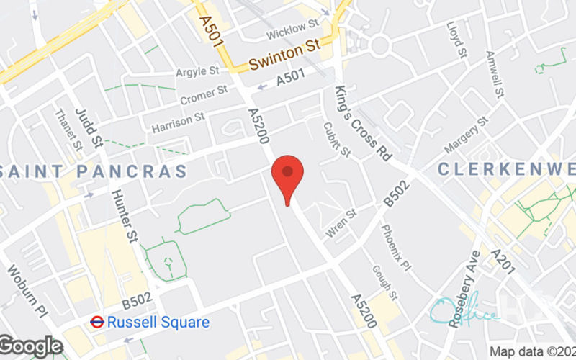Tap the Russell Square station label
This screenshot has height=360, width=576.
tap(158, 322)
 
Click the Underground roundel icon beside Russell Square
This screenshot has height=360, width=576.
tap(96, 322)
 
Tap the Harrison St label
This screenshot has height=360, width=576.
tap(179, 122)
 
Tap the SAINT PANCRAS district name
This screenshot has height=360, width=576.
tap(94, 171)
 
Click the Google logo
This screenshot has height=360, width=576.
tap(32, 346)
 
